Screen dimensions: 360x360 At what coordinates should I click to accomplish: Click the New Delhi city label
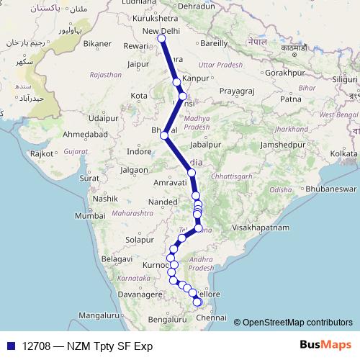pyautogui.click(x=161, y=31)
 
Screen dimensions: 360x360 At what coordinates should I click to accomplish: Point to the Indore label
pyautogui.click(x=139, y=151)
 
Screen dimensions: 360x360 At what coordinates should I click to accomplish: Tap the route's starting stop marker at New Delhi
pyautogui.click(x=162, y=39)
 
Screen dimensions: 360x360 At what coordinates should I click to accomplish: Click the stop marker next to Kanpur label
pyautogui.click(x=177, y=82)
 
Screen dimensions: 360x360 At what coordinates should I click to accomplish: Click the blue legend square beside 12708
pyautogui.click(x=9, y=346)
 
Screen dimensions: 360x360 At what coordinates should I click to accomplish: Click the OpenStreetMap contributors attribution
pyautogui.click(x=296, y=322)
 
